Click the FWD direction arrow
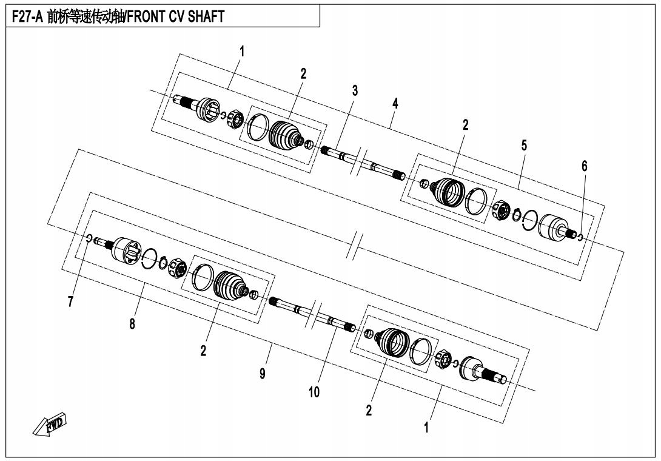tap(50, 424)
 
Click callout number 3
tap(355, 90)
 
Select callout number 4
tap(395, 103)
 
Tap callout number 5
tap(524, 146)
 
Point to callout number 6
tap(584, 166)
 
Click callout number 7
tap(70, 301)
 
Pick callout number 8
tap(132, 324)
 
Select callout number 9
tap(263, 374)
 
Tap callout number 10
tap(314, 392)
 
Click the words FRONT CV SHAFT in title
tap(176, 16)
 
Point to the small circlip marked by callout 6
tap(580, 237)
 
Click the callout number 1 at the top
tap(241, 52)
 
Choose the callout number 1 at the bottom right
tap(426, 428)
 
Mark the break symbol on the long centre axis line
tap(354, 244)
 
